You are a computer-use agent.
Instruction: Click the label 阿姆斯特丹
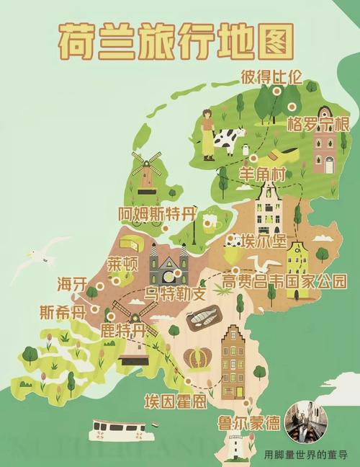pyautogui.click(x=156, y=213)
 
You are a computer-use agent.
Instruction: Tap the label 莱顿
pyautogui.click(x=122, y=263)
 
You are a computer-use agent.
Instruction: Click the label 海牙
pyautogui.click(x=72, y=283)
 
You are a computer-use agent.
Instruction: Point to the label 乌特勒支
pyautogui.click(x=175, y=294)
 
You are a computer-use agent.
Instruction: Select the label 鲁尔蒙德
pyautogui.click(x=249, y=423)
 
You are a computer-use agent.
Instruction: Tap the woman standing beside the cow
pyautogui.click(x=208, y=135)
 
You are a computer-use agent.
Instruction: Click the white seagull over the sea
pyautogui.click(x=42, y=258)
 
